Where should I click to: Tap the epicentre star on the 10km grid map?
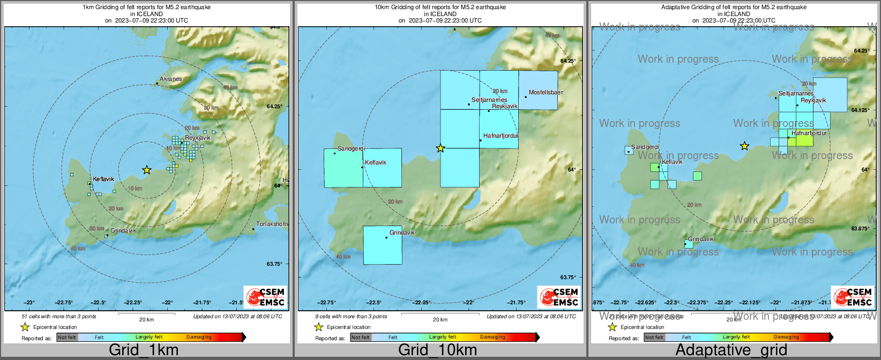pos(441,148)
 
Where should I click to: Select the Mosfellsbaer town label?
pos(546,93)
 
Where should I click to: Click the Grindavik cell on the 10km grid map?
pos(383,245)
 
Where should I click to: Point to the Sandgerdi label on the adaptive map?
pos(645,147)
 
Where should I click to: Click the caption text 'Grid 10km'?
pos(437,350)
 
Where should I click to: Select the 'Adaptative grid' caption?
pos(731,350)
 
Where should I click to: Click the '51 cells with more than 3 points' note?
pos(59,317)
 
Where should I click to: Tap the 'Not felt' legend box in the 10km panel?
pos(361,337)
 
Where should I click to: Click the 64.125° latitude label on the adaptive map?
pos(860,110)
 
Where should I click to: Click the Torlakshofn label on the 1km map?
pos(272,224)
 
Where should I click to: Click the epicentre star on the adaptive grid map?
pos(744,146)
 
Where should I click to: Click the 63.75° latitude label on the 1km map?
pos(274,264)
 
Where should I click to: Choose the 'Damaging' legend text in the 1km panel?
pos(199,337)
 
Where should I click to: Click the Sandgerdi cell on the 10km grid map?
pos(343,168)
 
